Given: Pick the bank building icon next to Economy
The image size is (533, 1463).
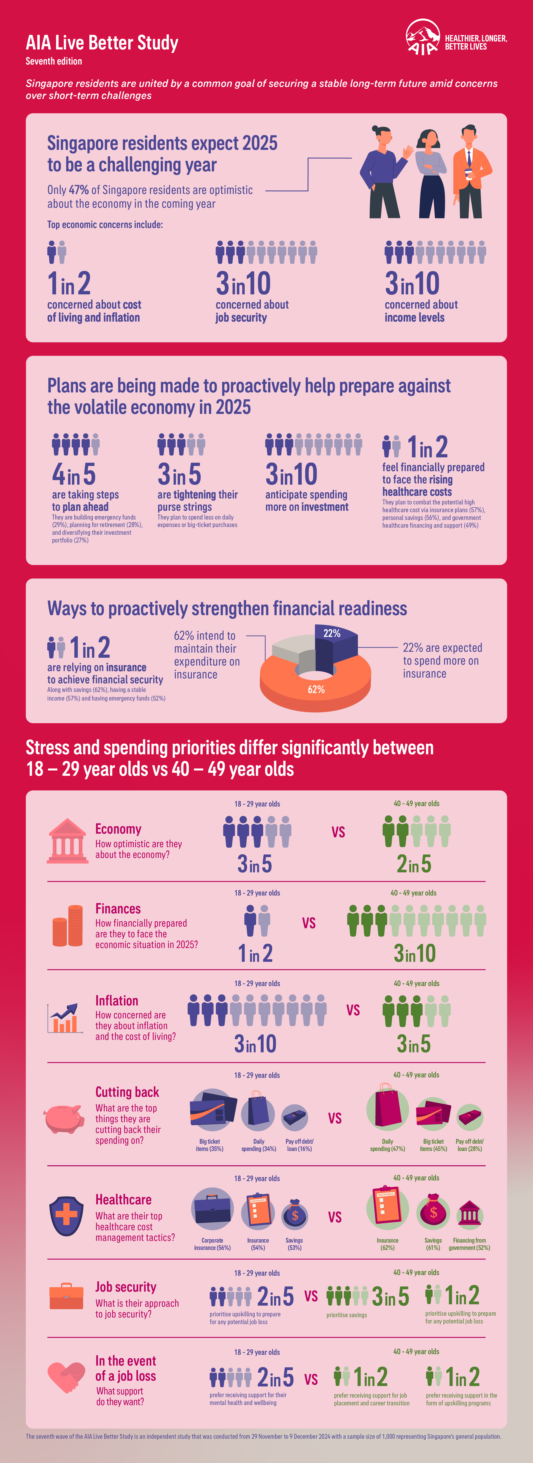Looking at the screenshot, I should pos(67,841).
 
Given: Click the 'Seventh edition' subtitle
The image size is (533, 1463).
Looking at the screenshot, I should pos(54,61).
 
